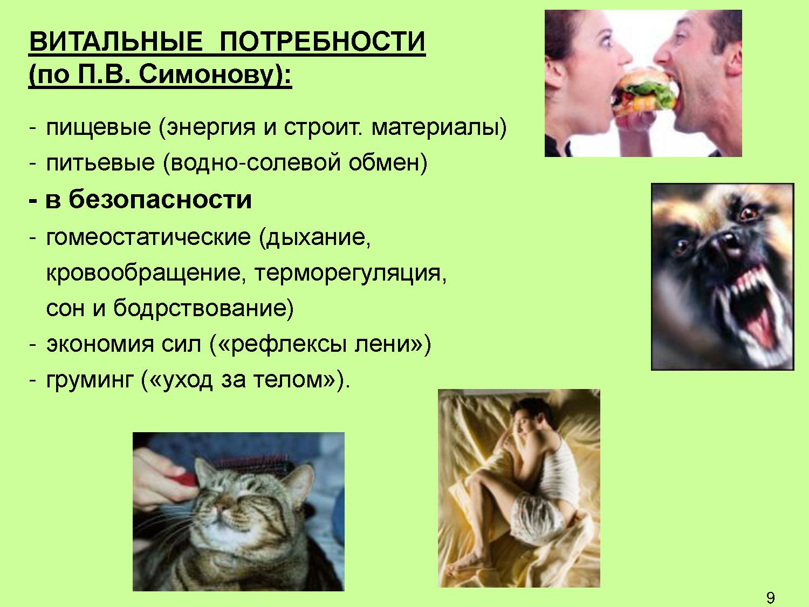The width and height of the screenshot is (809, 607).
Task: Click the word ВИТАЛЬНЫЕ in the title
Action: click(x=116, y=41)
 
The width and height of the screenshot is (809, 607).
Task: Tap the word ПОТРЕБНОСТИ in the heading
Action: click(x=323, y=41)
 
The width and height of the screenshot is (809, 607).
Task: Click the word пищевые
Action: click(x=99, y=128)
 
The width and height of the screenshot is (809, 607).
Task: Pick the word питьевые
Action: click(x=100, y=163)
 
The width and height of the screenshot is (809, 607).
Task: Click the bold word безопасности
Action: click(x=160, y=200)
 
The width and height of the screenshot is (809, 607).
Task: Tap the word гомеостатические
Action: click(x=148, y=237)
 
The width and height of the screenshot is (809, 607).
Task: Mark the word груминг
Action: click(x=89, y=380)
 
